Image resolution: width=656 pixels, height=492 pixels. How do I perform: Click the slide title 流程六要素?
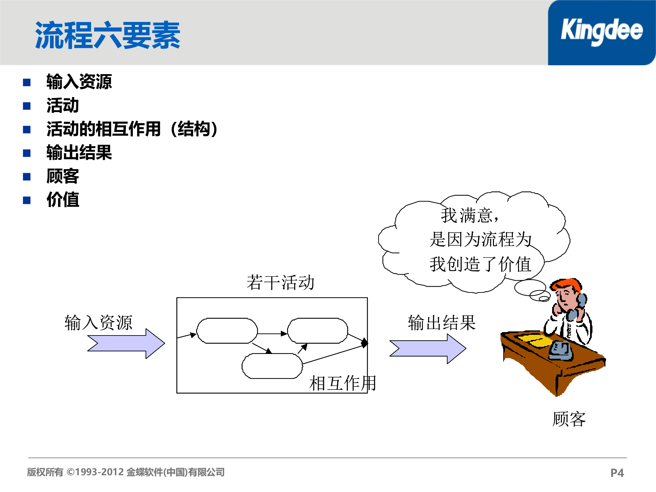click(108, 35)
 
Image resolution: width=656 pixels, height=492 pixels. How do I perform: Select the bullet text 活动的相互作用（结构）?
click(132, 129)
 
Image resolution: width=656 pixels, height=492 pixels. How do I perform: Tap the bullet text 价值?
click(63, 200)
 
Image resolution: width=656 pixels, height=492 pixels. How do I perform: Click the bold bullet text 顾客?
click(63, 176)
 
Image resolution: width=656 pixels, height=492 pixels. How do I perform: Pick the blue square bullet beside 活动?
click(27, 106)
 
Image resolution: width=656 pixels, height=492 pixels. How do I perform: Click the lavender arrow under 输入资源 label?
click(126, 343)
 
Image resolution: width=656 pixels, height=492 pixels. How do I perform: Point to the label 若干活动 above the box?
click(280, 283)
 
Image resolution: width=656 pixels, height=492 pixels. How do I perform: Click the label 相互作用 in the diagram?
click(342, 383)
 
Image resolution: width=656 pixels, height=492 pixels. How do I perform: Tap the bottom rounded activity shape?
click(272, 366)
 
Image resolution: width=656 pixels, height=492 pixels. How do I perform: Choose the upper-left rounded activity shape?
click(227, 331)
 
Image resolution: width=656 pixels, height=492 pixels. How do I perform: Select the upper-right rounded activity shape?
click(317, 331)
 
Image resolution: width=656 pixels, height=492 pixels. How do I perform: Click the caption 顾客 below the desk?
click(569, 419)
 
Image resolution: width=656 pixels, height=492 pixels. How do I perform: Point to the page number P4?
click(617, 473)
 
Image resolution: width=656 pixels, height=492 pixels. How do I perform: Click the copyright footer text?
click(126, 472)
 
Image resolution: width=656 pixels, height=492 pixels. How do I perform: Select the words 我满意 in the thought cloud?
click(467, 216)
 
